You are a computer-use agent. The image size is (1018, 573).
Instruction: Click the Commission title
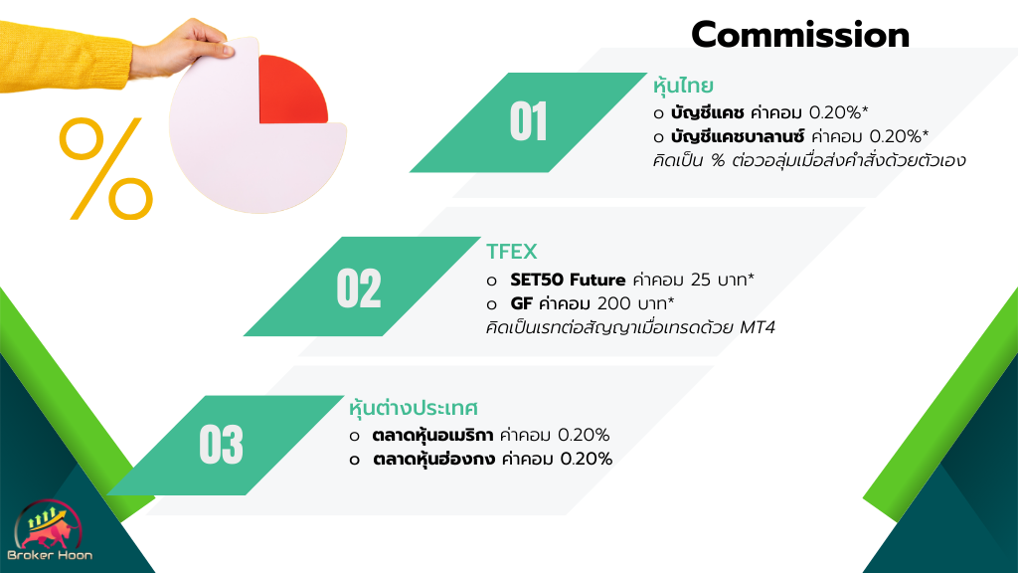tap(800, 35)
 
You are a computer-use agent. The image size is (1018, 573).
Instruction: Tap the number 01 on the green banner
tap(529, 121)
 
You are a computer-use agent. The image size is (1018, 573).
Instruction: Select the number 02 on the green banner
tap(358, 287)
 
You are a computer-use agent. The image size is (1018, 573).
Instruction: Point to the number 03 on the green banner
tap(222, 445)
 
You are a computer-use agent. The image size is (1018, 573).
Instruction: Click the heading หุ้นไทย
tap(683, 86)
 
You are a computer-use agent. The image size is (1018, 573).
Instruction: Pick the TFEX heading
tap(512, 252)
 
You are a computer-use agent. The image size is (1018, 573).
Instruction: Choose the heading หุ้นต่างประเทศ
tap(414, 407)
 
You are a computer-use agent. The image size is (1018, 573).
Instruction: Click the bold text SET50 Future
tap(568, 280)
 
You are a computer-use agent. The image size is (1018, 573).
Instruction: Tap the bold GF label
tap(521, 303)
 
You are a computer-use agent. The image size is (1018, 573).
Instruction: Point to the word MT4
tap(758, 326)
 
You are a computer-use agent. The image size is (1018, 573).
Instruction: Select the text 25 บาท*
tap(722, 280)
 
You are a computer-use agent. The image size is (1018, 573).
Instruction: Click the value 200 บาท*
tap(635, 303)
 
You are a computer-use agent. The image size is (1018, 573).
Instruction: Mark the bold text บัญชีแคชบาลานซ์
tap(738, 135)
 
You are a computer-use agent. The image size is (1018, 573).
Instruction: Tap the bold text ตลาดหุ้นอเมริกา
tap(432, 435)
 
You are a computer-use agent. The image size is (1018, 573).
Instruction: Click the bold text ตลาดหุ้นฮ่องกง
tap(433, 459)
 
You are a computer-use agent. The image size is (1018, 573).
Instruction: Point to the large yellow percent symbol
tap(106, 168)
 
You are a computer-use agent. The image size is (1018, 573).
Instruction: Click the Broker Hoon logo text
tap(50, 555)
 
